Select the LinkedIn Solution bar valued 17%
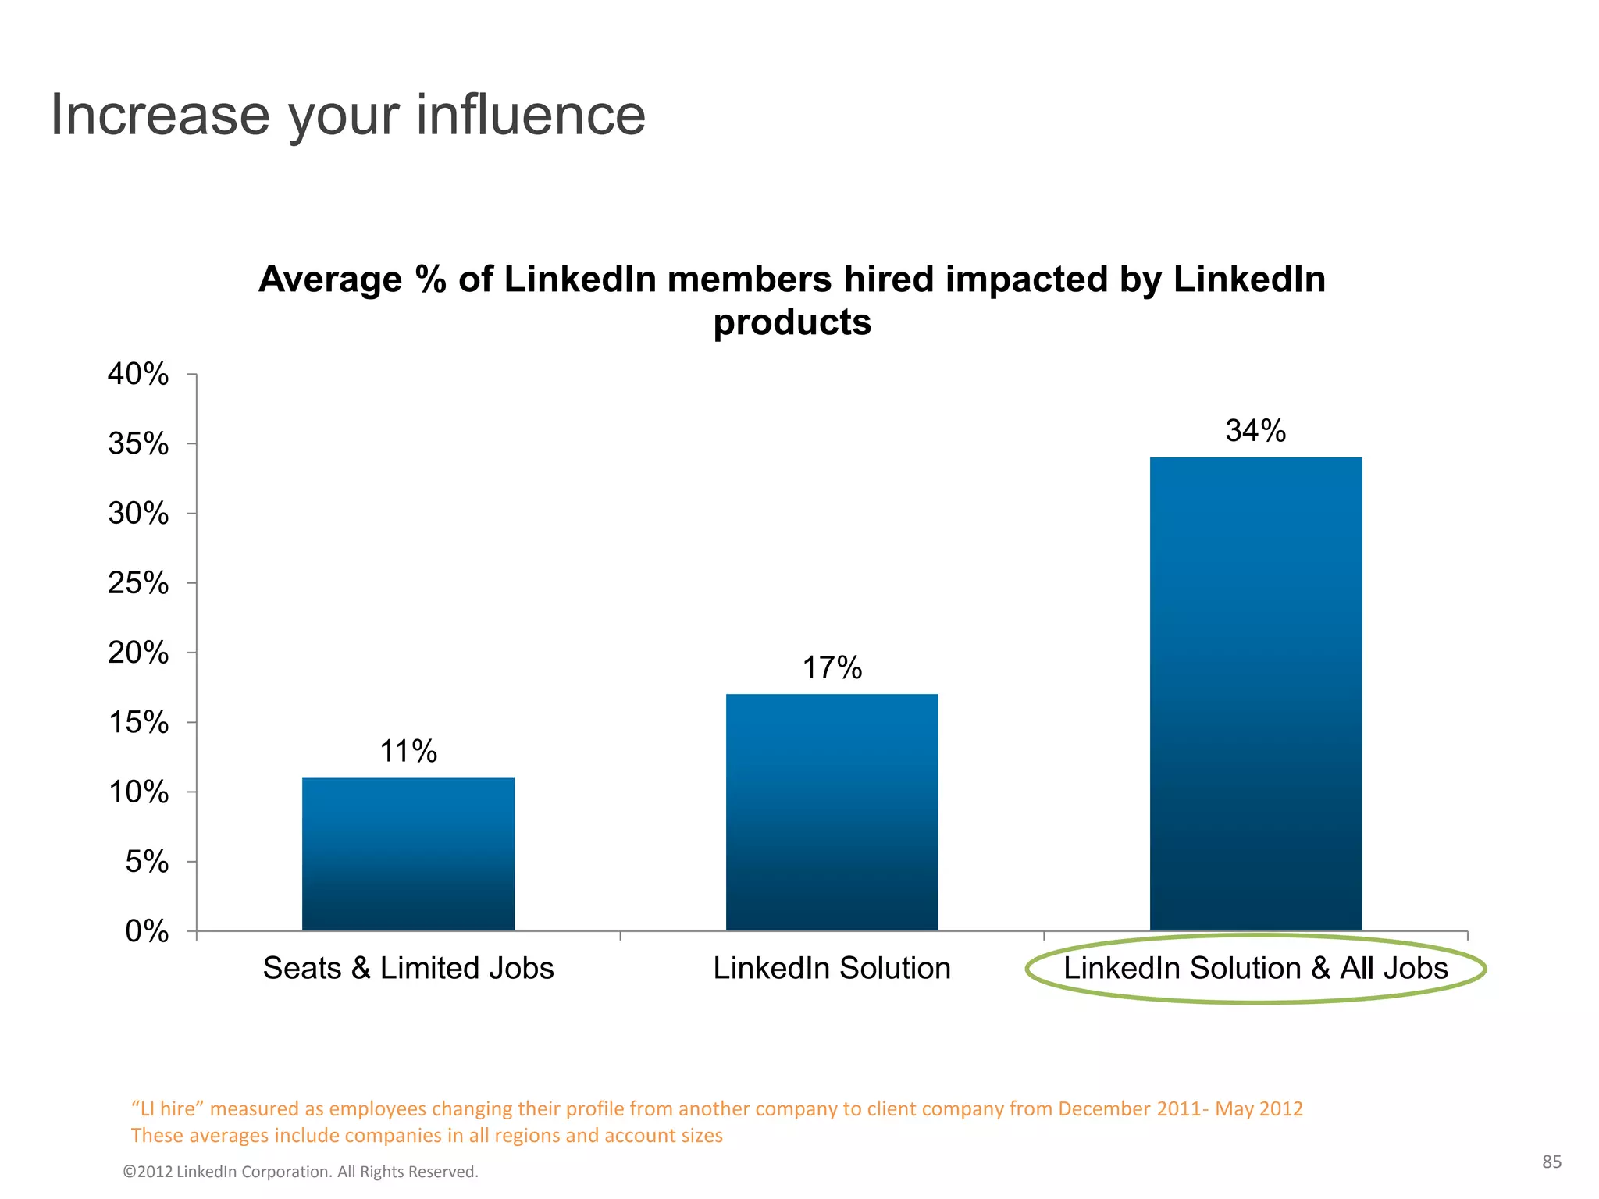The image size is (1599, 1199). pyautogui.click(x=832, y=812)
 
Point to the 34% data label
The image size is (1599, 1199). pyautogui.click(x=1255, y=431)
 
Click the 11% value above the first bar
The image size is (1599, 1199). pyautogui.click(x=408, y=752)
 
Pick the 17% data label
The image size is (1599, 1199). pyautogui.click(x=832, y=668)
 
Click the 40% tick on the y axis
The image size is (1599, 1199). pyautogui.click(x=138, y=375)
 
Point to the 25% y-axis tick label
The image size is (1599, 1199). pyautogui.click(x=138, y=583)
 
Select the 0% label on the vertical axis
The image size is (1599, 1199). pyautogui.click(x=147, y=931)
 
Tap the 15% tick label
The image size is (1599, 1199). pyautogui.click(x=138, y=723)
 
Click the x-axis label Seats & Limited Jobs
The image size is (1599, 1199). pyautogui.click(x=408, y=969)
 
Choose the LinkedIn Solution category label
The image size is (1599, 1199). pyautogui.click(x=832, y=969)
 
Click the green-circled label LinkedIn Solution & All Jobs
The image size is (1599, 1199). pyautogui.click(x=1255, y=969)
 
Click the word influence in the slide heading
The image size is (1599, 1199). pyautogui.click(x=531, y=116)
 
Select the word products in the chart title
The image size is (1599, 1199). pyautogui.click(x=792, y=323)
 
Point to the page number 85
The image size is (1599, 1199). pyautogui.click(x=1551, y=1162)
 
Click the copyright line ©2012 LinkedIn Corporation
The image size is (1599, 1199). pyautogui.click(x=301, y=1172)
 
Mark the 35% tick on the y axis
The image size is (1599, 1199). pyautogui.click(x=138, y=444)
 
